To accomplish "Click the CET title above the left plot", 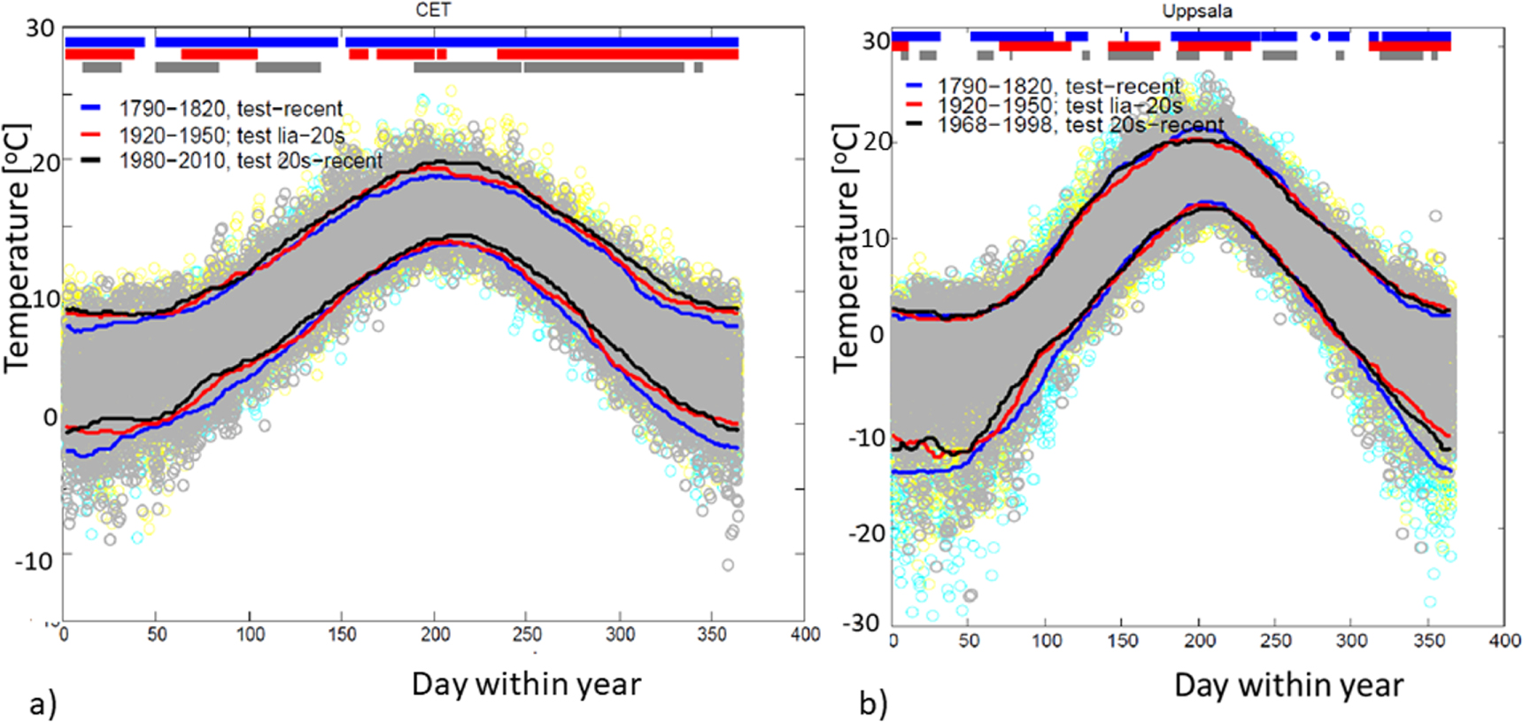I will [433, 10].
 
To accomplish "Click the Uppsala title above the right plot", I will [1196, 12].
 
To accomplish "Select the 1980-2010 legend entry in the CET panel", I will [251, 161].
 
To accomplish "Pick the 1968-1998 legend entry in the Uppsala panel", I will [1080, 125].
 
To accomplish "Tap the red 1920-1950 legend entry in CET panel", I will [232, 136].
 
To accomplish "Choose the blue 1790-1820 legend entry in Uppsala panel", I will [1059, 87].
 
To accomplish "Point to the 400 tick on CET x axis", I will [805, 634].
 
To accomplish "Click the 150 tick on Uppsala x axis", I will [1123, 640].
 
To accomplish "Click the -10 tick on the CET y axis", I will [35, 561].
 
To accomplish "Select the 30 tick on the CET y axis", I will [40, 28].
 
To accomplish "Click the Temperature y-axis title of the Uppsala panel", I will [845, 248].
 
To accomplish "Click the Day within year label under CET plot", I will [526, 684].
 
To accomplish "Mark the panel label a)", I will [43, 704].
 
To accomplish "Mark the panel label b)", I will [873, 704].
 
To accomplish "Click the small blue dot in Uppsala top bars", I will [1315, 36].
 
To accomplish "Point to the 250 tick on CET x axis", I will [527, 634].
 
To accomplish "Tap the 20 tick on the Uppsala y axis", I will [877, 142].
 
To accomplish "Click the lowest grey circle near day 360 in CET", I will [727, 565].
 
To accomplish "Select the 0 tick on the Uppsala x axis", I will [893, 640].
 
